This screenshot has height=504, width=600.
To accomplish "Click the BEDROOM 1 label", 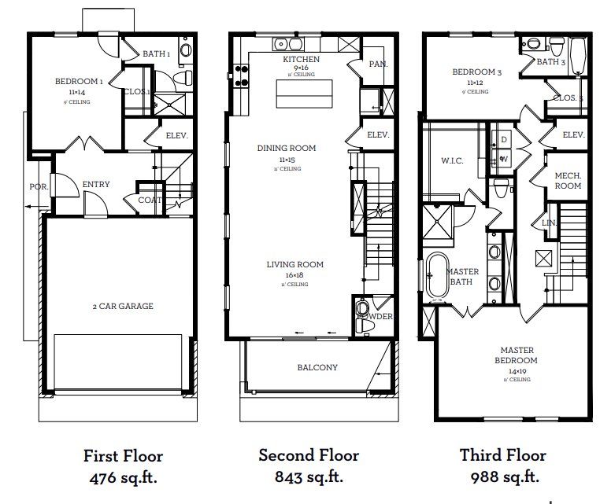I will click(79, 81).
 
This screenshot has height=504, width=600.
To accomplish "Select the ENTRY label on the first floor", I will click(96, 185).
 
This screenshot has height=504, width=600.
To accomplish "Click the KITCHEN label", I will click(301, 60).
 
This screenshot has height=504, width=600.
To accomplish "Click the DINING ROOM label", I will click(287, 148).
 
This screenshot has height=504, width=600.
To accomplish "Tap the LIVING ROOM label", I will click(294, 264).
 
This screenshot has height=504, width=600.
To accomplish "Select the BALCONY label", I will click(317, 367).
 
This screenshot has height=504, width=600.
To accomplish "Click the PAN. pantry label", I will click(378, 64).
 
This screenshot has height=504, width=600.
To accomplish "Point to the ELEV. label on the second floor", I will click(378, 135).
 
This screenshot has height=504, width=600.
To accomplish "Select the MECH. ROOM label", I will click(568, 181).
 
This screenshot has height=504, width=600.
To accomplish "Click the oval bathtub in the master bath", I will click(437, 276).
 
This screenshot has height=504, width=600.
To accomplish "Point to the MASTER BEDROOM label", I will click(517, 355).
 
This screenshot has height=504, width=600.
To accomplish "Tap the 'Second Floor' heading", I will click(309, 455).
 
